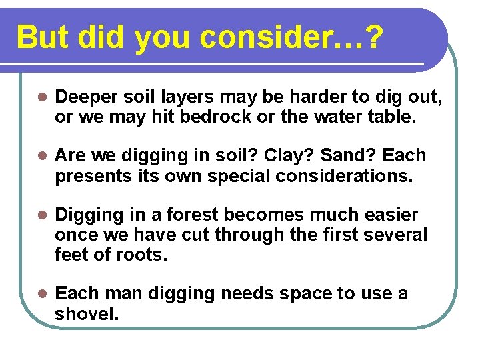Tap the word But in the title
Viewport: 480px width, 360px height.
pyautogui.click(x=44, y=39)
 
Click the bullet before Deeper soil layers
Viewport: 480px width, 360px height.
pyautogui.click(x=41, y=97)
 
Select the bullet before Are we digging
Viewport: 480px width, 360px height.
pyautogui.click(x=41, y=156)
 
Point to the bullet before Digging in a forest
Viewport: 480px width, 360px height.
pyautogui.click(x=41, y=215)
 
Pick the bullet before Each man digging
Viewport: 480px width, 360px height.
pyautogui.click(x=41, y=294)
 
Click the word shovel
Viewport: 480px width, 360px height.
pyautogui.click(x=85, y=313)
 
